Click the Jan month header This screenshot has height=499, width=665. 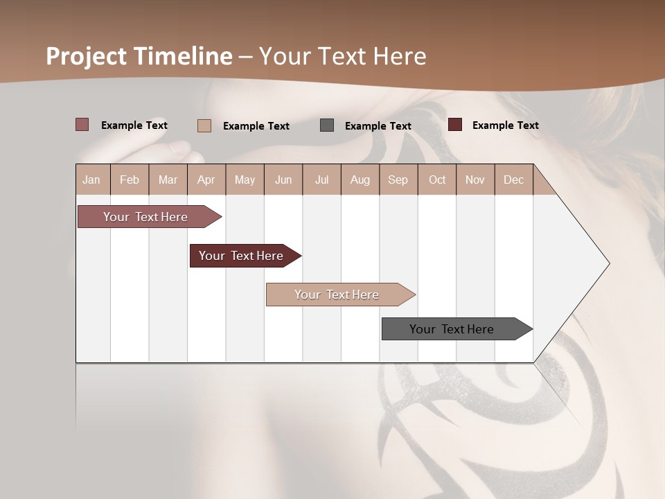[91, 180]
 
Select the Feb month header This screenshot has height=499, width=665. [130, 180]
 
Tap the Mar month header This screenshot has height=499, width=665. [168, 180]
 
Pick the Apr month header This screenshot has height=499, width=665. [206, 180]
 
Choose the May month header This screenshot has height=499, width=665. [245, 180]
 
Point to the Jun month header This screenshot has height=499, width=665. [283, 180]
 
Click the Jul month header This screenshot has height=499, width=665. [321, 180]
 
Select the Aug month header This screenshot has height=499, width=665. [360, 180]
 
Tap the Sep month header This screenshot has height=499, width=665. [398, 180]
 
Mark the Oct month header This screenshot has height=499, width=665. [437, 180]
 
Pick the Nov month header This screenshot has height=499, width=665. [475, 180]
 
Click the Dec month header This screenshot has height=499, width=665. [514, 180]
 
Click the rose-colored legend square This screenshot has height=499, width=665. [82, 125]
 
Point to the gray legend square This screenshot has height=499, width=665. [327, 125]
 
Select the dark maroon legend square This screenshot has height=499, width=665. [455, 125]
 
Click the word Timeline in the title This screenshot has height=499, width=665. [184, 56]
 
